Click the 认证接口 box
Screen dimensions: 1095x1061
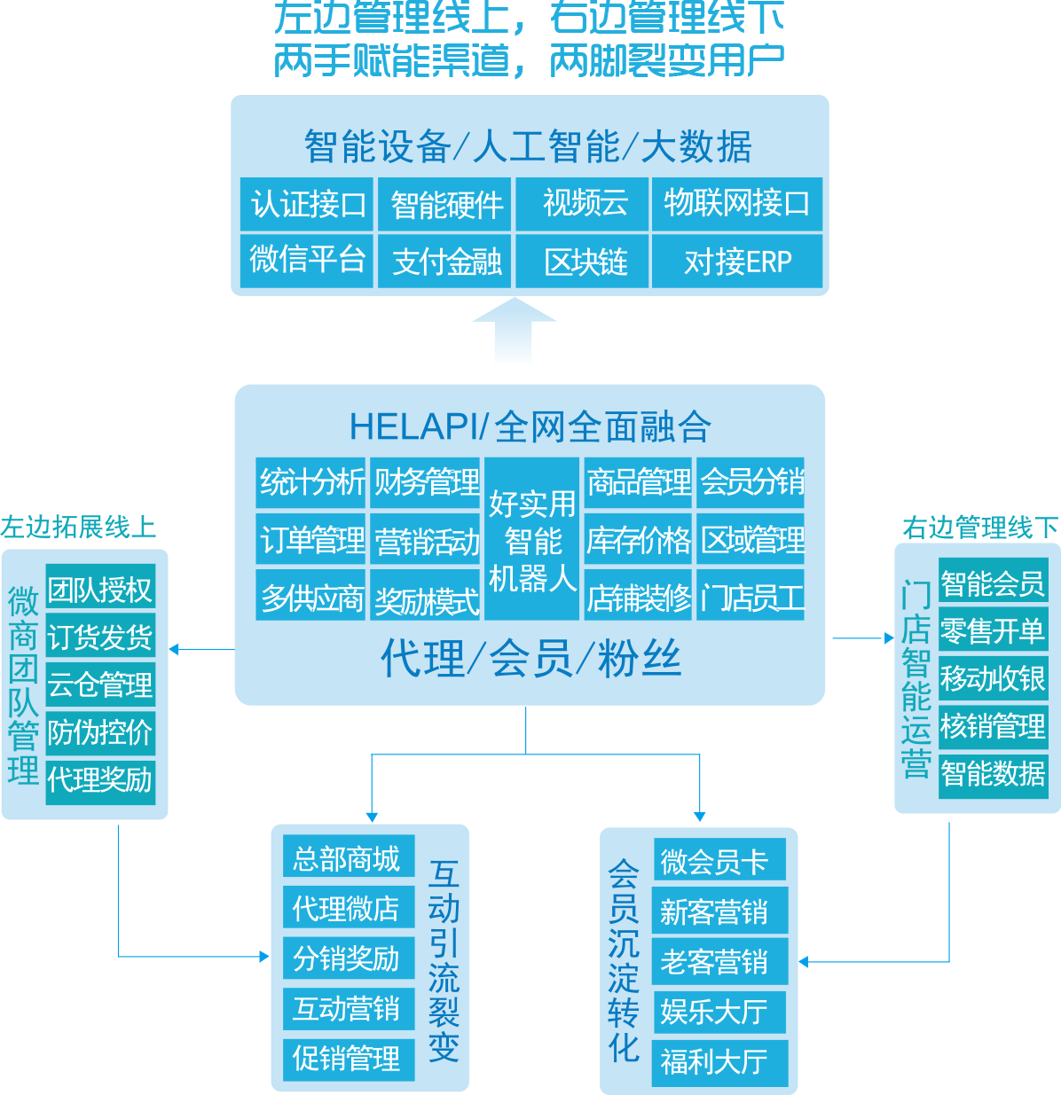[307, 204]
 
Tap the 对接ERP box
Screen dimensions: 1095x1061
[737, 261]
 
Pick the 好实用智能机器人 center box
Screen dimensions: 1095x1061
[532, 539]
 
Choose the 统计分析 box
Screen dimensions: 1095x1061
[310, 482]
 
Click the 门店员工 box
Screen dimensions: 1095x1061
[751, 597]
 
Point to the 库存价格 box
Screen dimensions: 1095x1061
[638, 539]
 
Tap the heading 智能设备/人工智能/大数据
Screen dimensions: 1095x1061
[529, 146]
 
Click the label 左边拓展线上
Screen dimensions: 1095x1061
[78, 527]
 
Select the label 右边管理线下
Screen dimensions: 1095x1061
[980, 528]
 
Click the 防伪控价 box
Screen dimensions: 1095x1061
[100, 732]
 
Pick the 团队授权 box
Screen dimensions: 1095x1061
[100, 589]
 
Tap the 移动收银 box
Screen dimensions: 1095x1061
[993, 678]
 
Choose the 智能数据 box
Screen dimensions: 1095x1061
[993, 774]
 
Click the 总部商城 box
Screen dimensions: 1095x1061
[348, 858]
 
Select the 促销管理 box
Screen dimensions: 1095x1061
[348, 1058]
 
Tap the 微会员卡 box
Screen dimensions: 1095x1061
[719, 862]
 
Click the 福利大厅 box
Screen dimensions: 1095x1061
[719, 1061]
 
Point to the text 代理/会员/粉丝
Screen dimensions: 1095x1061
[530, 660]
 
